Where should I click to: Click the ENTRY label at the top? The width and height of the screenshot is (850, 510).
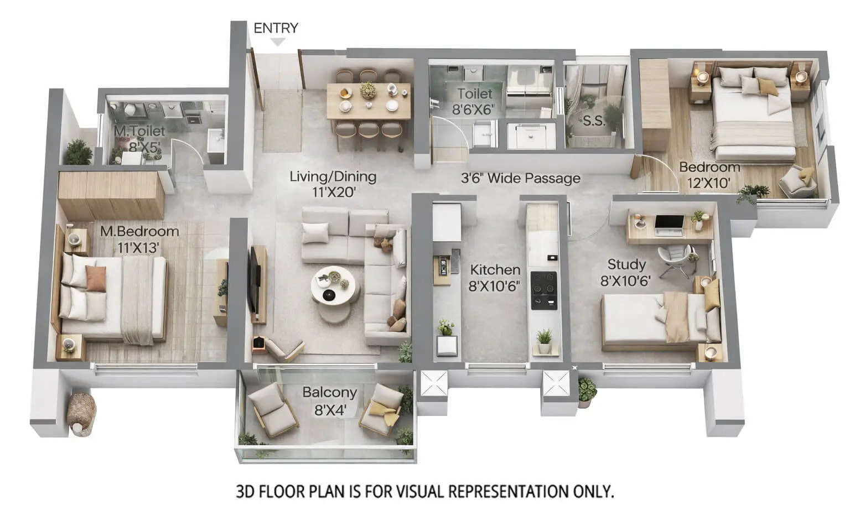276,28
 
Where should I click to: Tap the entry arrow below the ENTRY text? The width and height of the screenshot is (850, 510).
278,42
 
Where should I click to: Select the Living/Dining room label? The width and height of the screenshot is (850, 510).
333,177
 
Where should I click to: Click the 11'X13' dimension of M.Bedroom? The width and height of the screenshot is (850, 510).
138,247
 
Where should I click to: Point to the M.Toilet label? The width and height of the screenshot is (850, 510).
139,131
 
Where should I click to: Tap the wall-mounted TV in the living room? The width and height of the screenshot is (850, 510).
254,280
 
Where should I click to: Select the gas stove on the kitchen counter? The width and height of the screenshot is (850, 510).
544,290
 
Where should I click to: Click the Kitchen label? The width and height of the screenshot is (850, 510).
495,270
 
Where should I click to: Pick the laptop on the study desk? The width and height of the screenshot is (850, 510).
668,222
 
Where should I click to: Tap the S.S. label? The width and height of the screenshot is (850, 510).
594,121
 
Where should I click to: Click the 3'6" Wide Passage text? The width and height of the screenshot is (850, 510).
521,178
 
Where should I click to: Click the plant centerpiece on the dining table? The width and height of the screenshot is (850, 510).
367,90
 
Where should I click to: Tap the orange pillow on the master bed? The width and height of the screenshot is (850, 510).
96,278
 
